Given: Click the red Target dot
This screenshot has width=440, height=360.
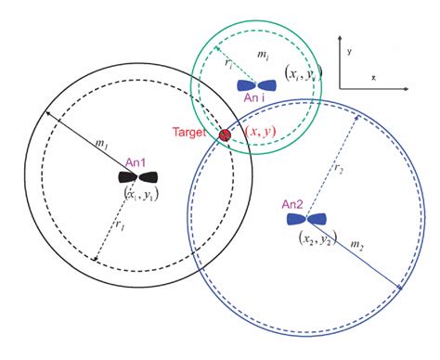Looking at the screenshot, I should pos(225,135).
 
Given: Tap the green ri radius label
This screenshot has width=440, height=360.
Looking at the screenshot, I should pos(227,61).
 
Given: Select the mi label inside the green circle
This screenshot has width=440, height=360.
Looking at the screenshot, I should pos(263,57).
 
